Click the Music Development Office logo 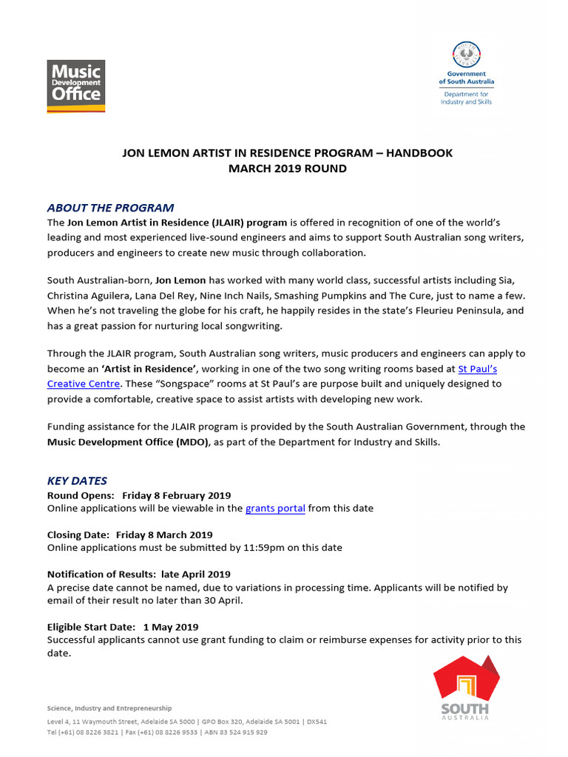point(76,86)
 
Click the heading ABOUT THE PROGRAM point(111,208)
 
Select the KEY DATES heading point(77,481)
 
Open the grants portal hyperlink point(275,509)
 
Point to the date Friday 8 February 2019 point(177,495)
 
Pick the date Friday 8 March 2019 point(164,534)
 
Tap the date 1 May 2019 point(171,627)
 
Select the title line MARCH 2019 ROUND point(287,169)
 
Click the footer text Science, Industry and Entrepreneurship point(109,708)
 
